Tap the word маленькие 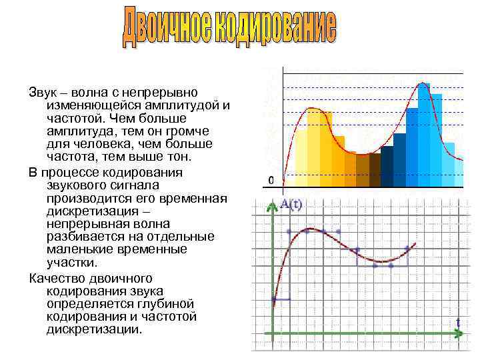pos(86,250)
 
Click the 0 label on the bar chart pos(271,180)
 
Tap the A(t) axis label pos(291,205)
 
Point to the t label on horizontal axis pos(458,323)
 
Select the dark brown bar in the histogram pos(375,169)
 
